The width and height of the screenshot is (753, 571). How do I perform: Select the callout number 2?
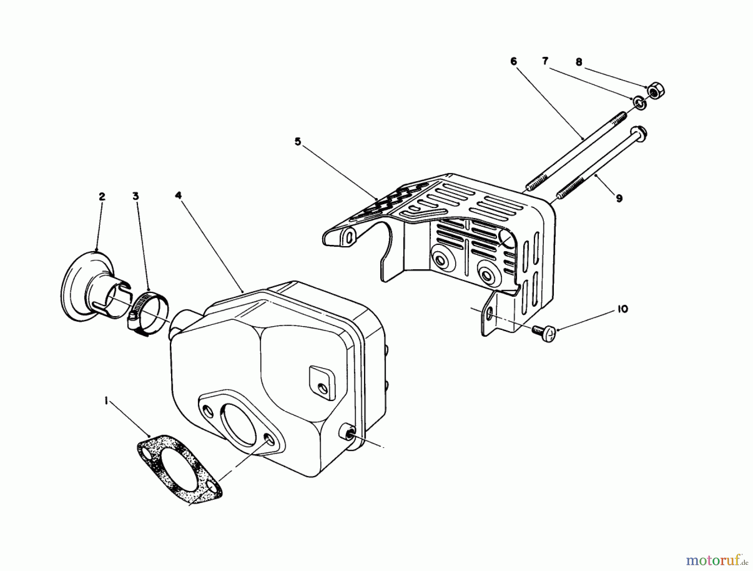(x=102, y=197)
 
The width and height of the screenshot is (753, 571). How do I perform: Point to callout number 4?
(x=179, y=196)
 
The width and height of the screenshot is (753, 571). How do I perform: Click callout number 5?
(x=297, y=142)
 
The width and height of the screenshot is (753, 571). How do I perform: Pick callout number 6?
(x=514, y=62)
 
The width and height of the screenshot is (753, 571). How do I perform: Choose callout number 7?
(x=545, y=62)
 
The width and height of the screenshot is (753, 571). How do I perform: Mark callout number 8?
(x=579, y=62)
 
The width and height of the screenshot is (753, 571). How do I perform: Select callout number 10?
(x=622, y=309)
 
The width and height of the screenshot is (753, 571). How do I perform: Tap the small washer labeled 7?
(x=639, y=103)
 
